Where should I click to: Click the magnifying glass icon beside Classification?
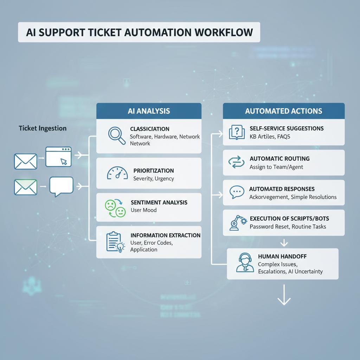pos(116,135)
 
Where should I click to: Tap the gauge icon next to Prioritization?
pos(117,173)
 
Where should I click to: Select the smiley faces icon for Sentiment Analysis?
pos(115,208)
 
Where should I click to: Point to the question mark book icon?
pos(237,132)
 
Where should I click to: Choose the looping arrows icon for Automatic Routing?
pos(236,162)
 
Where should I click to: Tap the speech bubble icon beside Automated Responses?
pos(237,192)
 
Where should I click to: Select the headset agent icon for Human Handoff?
pos(245,263)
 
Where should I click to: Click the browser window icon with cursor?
pos(59,157)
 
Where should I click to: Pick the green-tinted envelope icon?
pos(25,187)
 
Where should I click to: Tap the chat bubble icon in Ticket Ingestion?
pos(61,186)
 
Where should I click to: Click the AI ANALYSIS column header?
pos(149,111)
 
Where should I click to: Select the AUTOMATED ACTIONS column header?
pos(284,111)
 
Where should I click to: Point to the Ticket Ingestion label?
pos(43,128)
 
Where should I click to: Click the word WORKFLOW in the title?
pos(224,32)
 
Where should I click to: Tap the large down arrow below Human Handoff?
pos(284,295)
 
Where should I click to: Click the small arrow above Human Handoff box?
pos(284,243)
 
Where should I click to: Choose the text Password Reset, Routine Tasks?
pos(288,227)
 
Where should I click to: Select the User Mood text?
pos(143,210)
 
